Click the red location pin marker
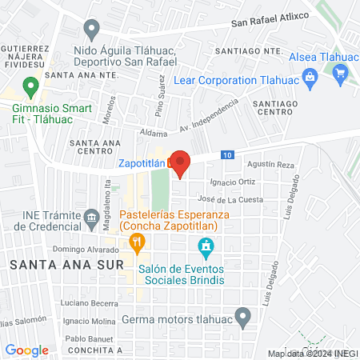coord(181,162)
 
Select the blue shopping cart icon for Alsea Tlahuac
coord(341,74)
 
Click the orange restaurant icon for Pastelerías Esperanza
coord(137,241)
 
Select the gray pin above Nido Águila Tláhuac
coord(92,31)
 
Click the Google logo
coord(27,350)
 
